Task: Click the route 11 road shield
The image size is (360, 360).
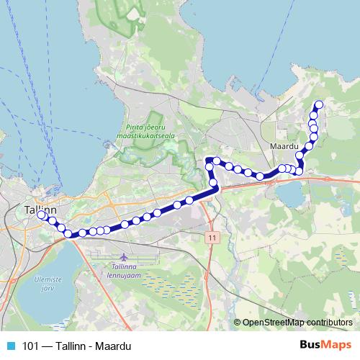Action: click(210, 236)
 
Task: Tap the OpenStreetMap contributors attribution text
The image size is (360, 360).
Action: click(297, 322)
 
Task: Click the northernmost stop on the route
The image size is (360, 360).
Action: click(318, 105)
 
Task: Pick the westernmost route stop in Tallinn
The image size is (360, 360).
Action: click(42, 215)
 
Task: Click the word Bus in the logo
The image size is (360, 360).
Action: click(310, 345)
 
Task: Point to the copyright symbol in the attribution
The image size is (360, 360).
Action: click(237, 322)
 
